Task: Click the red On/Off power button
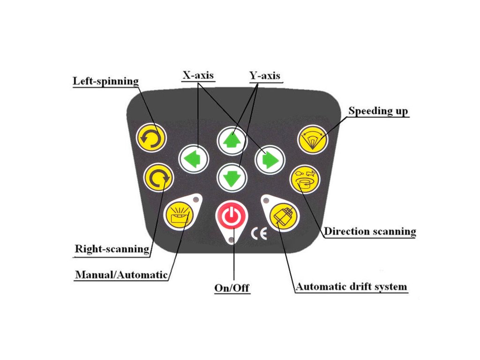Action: click(x=230, y=216)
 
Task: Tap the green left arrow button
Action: click(x=193, y=159)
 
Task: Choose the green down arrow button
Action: click(x=232, y=177)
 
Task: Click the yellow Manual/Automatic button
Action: click(x=179, y=214)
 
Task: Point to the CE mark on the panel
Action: click(x=259, y=233)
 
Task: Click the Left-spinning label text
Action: click(x=106, y=81)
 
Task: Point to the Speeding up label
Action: click(x=378, y=111)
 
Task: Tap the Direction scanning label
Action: click(x=370, y=231)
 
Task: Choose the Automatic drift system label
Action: click(x=351, y=286)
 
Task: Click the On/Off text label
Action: click(x=232, y=288)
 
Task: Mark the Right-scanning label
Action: click(x=112, y=248)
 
